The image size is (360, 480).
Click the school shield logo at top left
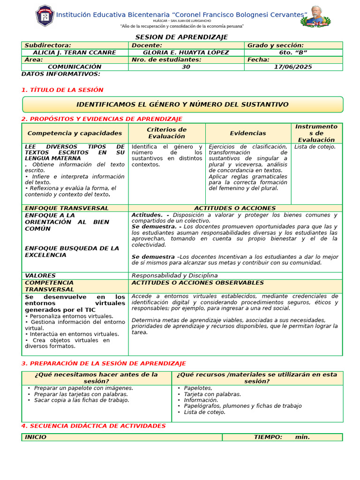pos(45,16)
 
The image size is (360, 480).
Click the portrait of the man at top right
pos(316,16)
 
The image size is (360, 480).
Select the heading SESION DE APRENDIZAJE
pos(181,37)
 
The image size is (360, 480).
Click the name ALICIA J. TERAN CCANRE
pos(75,52)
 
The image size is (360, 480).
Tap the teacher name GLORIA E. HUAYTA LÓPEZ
pos(186,52)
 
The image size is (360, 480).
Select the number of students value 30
pos(186,67)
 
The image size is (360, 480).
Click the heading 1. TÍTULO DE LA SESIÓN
pos(62,90)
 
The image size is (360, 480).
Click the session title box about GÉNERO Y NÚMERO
pos(182,105)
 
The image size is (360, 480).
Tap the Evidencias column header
pos(248,133)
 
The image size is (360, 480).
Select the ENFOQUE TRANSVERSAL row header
pos(67,208)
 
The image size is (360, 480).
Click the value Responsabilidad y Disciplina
pos(174,276)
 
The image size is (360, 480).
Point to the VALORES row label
pos(40,276)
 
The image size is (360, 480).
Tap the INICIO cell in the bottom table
pos(36,437)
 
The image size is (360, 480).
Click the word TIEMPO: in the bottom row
pos(268,437)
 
